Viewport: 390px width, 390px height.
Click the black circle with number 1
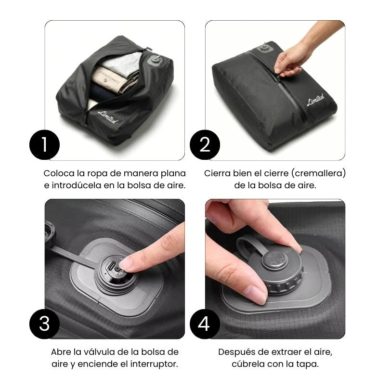(x=44, y=144)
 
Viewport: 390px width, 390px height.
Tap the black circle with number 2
(x=205, y=144)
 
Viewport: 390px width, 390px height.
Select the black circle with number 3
(x=44, y=324)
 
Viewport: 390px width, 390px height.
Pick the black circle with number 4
(x=205, y=324)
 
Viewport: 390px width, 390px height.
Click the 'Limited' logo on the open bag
(x=108, y=117)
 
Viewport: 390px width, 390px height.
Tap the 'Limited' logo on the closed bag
(x=316, y=99)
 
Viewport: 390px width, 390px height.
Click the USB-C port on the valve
(x=111, y=266)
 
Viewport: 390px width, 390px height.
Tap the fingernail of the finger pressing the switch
(x=125, y=263)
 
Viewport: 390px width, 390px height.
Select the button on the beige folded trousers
(x=105, y=80)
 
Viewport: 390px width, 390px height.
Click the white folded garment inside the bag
(x=122, y=62)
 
